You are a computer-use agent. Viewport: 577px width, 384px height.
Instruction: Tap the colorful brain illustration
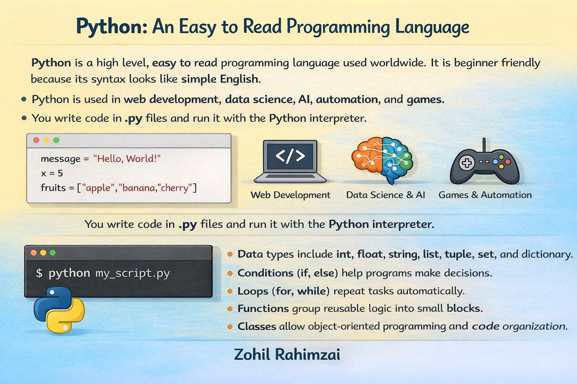coord(382,158)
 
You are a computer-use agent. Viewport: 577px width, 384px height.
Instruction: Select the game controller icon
coord(484,164)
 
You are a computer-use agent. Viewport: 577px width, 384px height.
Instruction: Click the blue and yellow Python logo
coord(59,310)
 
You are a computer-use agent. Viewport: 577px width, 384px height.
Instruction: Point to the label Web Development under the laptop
coord(290,195)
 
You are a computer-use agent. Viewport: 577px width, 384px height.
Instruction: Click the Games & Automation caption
coord(485,195)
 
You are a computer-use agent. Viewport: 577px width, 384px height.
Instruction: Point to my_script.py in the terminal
coord(132,274)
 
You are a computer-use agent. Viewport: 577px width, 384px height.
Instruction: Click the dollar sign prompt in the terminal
coord(39,274)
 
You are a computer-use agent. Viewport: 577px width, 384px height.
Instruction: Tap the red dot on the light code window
coord(36,140)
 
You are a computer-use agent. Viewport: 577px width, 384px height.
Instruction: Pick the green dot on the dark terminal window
coord(53,252)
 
